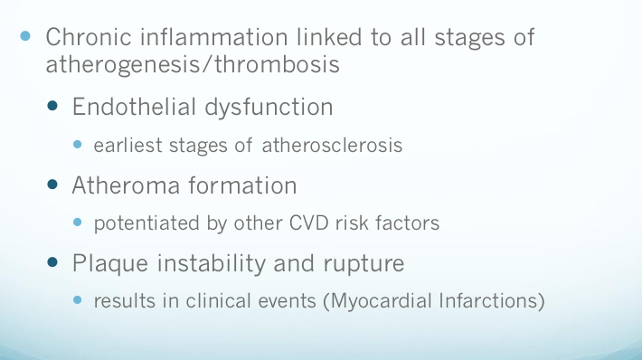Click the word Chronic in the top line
85,39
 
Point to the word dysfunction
269,107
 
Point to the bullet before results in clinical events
79,300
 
